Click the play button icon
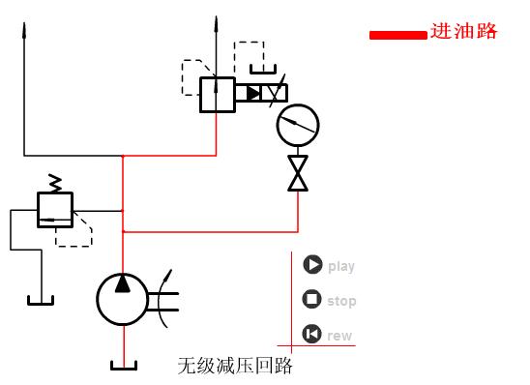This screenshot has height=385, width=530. pyautogui.click(x=311, y=265)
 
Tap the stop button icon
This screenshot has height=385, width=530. pyautogui.click(x=311, y=300)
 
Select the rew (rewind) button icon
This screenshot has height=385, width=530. pyautogui.click(x=311, y=335)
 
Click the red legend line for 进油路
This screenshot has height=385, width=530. pyautogui.click(x=397, y=35)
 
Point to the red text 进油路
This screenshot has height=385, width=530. pyautogui.click(x=464, y=32)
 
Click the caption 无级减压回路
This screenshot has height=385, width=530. pyautogui.click(x=234, y=367)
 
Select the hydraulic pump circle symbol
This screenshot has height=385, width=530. pyautogui.click(x=122, y=299)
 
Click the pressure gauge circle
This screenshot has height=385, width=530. pyautogui.click(x=297, y=124)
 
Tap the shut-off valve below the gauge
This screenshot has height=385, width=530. pyautogui.click(x=298, y=173)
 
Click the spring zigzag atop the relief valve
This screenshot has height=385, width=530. pyautogui.click(x=55, y=182)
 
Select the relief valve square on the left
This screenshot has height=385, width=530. pyautogui.click(x=55, y=209)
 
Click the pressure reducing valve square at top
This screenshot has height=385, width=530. pyautogui.click(x=217, y=95)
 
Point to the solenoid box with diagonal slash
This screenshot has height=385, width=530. pyautogui.click(x=275, y=93)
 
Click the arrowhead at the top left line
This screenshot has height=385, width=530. pyautogui.click(x=23, y=24)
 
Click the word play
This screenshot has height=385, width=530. pyautogui.click(x=341, y=266)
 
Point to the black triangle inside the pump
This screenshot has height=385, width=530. pyautogui.click(x=123, y=283)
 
